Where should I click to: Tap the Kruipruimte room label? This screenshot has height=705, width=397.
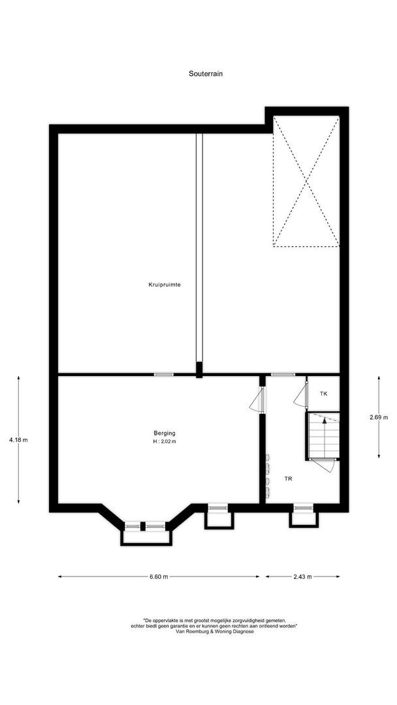coord(164,285)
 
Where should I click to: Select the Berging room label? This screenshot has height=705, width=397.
coord(165,433)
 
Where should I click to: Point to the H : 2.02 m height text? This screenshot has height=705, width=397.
coord(165,442)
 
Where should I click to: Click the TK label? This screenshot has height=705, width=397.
coord(323,394)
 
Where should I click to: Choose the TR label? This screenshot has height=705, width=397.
coord(288,478)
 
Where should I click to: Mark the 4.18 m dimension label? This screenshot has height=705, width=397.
coord(18,440)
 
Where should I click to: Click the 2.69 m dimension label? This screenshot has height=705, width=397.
coord(379,417)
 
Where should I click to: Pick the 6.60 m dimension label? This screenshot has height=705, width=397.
coord(159,576)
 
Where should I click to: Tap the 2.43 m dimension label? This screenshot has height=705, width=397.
coord(302,576)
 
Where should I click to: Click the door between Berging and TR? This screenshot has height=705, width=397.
coord(257,400)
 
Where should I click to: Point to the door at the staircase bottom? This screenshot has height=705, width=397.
coord(323,464)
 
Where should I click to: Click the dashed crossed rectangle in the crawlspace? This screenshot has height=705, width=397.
coord(306,181)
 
